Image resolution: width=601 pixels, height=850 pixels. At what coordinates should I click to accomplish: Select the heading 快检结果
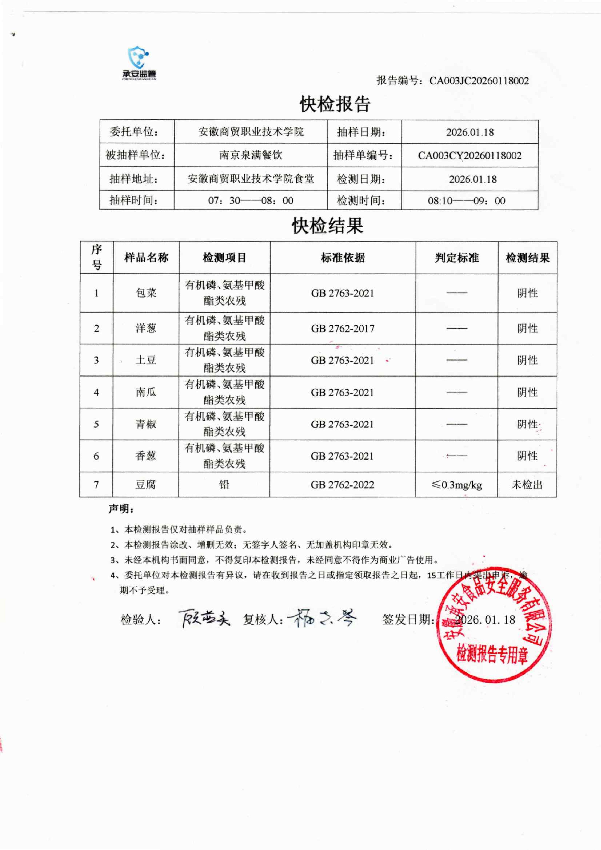pos(328,226)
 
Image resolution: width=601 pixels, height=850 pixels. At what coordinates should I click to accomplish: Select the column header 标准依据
pos(343,258)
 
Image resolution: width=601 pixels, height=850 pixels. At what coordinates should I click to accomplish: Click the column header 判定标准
pos(457,258)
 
